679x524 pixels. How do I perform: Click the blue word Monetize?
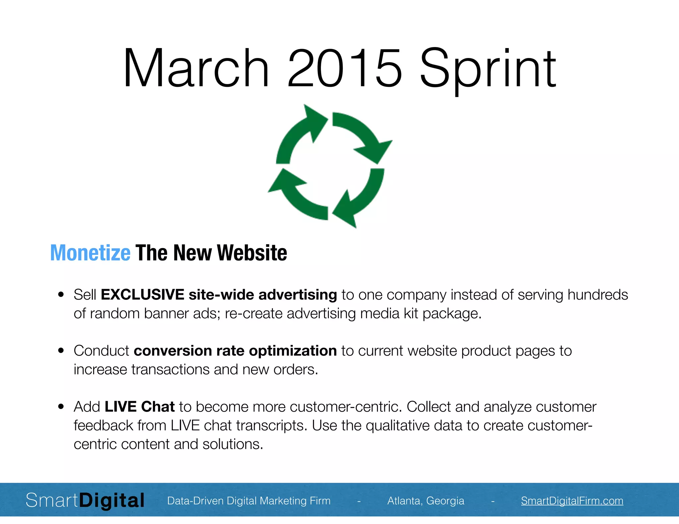coord(90,253)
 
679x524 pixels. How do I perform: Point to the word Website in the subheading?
coord(252,253)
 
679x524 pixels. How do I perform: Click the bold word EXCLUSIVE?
coord(143,294)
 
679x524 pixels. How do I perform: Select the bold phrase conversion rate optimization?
coord(235,350)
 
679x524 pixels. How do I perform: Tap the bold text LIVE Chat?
coord(140,406)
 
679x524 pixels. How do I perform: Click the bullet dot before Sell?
coord(61,294)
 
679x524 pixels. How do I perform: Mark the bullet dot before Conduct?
coord(61,350)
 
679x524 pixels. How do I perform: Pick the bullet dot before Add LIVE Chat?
coord(61,406)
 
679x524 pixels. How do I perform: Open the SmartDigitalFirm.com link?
coord(572,500)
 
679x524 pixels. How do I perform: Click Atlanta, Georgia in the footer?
coord(426,500)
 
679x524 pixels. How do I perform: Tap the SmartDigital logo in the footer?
coord(85,500)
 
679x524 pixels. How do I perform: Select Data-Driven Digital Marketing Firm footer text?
coord(249,500)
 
